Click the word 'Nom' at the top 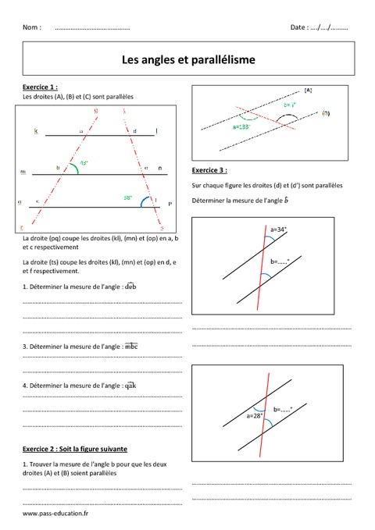pyautogui.click(x=32, y=27)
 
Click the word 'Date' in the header pyautogui.click(x=299, y=27)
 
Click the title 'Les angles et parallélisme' pyautogui.click(x=187, y=59)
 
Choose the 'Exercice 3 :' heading pyautogui.click(x=209, y=169)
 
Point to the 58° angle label pyautogui.click(x=127, y=197)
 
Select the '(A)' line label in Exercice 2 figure pyautogui.click(x=308, y=91)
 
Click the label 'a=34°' pyautogui.click(x=278, y=229)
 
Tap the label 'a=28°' pyautogui.click(x=255, y=415)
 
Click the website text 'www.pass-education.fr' pyautogui.click(x=55, y=514)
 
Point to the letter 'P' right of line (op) pyautogui.click(x=169, y=203)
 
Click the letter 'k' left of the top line pyautogui.click(x=36, y=131)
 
